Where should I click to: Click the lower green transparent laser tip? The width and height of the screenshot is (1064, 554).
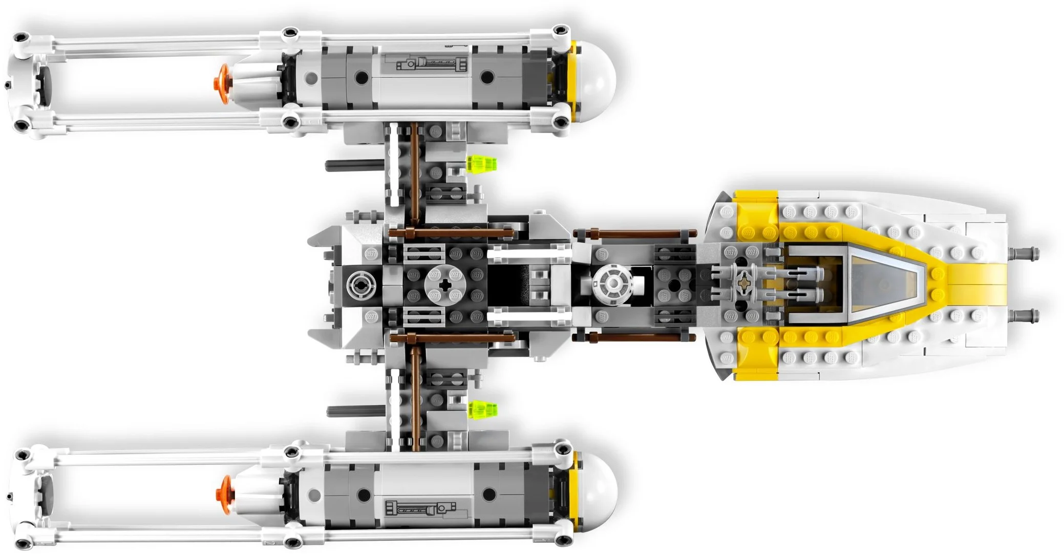coord(483,409)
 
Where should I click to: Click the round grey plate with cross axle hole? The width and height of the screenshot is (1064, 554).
coord(442,286)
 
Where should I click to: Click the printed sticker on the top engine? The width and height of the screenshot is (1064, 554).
coord(431,65)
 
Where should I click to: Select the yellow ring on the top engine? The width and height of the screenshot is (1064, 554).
coord(573,81)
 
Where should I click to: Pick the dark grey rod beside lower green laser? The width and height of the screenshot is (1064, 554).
coord(355,410)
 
